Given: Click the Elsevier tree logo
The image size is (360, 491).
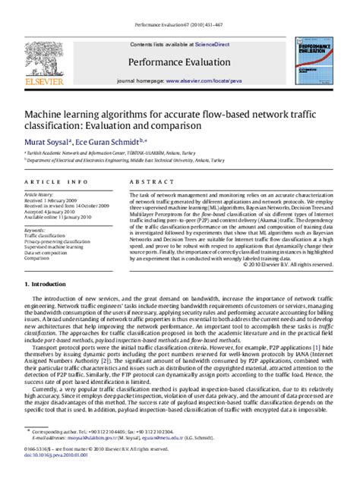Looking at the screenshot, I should pyautogui.click(x=40, y=61).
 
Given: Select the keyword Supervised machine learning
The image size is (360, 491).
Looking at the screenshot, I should pyautogui.click(x=55, y=247).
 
